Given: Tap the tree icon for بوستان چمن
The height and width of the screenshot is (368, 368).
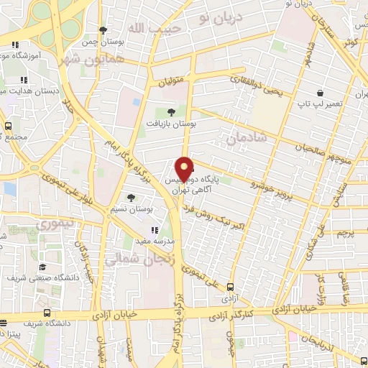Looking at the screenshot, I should [103, 30].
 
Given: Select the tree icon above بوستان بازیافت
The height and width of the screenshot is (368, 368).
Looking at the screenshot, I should [170, 111].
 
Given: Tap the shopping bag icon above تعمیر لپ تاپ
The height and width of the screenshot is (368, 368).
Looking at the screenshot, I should [319, 93].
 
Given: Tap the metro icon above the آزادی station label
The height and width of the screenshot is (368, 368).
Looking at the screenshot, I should [230, 285].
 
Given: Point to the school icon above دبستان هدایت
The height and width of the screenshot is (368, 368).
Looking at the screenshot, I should [24, 79].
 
